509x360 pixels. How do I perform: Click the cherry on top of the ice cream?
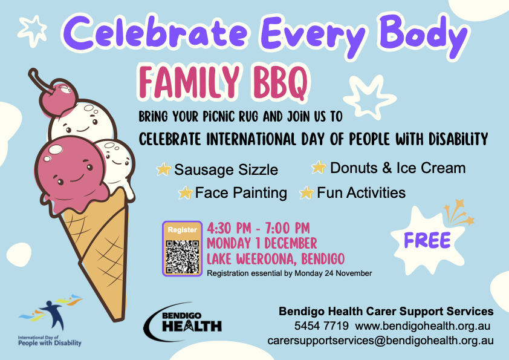(x=59, y=97)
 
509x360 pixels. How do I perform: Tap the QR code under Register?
(x=182, y=257)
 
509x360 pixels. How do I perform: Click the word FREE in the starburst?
(x=427, y=240)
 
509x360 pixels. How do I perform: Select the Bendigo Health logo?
(x=183, y=322)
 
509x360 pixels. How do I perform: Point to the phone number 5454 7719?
(x=322, y=326)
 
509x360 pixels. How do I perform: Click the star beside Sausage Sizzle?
(x=164, y=169)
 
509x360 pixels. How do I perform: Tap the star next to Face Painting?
(x=186, y=192)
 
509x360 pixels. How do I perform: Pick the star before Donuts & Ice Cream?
(x=319, y=168)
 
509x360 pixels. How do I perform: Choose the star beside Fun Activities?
(x=306, y=192)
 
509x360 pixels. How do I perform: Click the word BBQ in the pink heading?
(x=280, y=82)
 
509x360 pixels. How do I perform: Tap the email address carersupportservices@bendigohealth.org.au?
(x=380, y=341)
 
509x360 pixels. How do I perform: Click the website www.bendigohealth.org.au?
(x=423, y=326)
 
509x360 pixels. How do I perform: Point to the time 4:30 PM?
(x=229, y=228)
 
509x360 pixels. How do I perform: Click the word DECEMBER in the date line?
(x=291, y=243)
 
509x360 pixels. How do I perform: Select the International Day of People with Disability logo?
(x=50, y=321)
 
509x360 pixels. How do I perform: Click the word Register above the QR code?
(x=182, y=230)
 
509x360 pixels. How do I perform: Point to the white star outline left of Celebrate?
(x=33, y=30)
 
